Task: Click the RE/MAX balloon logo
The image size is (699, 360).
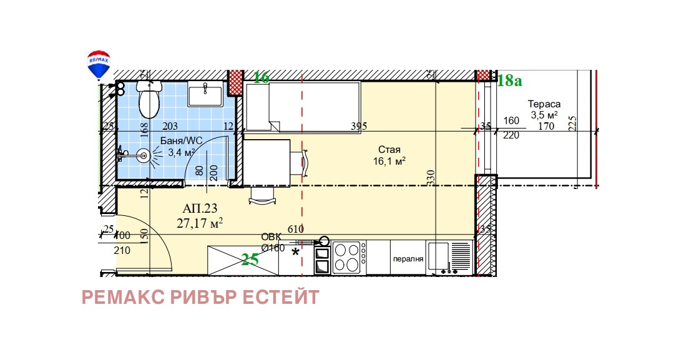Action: click(98, 64)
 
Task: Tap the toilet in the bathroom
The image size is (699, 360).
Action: click(149, 102)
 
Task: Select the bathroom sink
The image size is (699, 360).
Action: click(205, 95)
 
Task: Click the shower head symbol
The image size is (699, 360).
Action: click(144, 153)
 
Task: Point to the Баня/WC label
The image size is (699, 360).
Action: click(180, 140)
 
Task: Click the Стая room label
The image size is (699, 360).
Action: click(389, 150)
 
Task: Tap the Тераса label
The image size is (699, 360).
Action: click(544, 104)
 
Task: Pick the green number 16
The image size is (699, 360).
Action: click(261, 78)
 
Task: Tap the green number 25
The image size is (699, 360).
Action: click(250, 260)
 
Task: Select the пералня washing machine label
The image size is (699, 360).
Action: click(408, 259)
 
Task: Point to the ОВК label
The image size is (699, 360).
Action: click(271, 236)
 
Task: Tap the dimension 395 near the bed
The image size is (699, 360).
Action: click(358, 126)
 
